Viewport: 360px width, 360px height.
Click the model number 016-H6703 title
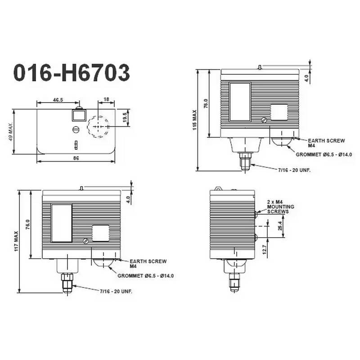(72, 73)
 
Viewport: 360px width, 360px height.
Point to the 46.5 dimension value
(58, 100)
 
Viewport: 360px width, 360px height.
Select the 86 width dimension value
(76, 158)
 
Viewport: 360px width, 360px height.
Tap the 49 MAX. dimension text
(10, 131)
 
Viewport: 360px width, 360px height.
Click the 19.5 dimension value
(125, 117)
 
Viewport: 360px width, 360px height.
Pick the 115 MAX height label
(195, 120)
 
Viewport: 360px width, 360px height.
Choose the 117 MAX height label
(16, 241)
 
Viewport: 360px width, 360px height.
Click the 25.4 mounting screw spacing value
(280, 226)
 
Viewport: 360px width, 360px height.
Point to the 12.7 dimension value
(264, 250)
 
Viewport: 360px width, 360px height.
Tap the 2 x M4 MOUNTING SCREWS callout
(280, 207)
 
